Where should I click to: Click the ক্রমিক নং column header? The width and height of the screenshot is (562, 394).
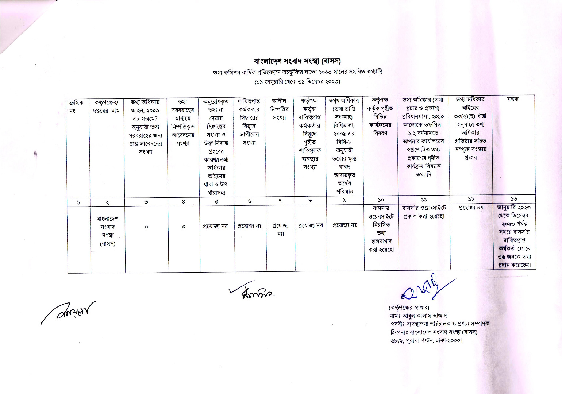pyautogui.click(x=76, y=106)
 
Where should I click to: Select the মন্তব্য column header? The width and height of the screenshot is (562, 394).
pyautogui.click(x=513, y=99)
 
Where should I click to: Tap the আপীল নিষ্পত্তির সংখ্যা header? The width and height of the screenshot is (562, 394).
pyautogui.click(x=280, y=109)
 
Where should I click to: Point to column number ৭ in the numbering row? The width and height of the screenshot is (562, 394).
pyautogui.click(x=280, y=201)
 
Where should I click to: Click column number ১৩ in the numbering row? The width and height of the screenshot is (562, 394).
pyautogui.click(x=513, y=199)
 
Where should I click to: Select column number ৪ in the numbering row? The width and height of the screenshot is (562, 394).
pyautogui.click(x=183, y=201)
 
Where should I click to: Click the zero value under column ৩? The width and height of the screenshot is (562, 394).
pyautogui.click(x=146, y=227)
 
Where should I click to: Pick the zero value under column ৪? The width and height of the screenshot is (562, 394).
pyautogui.click(x=184, y=227)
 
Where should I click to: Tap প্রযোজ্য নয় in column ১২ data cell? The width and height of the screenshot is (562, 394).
pyautogui.click(x=471, y=208)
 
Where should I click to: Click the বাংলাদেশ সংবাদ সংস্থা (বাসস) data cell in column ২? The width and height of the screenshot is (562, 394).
pyautogui.click(x=108, y=231)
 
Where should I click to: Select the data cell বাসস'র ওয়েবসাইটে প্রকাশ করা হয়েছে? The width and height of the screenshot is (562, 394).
pyautogui.click(x=424, y=212)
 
